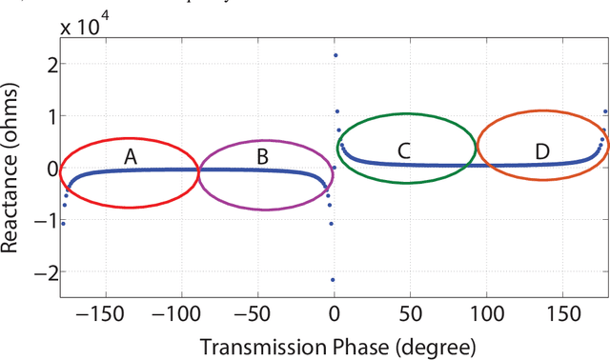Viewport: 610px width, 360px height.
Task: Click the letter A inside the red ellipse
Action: (x=131, y=157)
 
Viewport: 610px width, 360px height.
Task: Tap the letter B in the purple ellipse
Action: (x=263, y=155)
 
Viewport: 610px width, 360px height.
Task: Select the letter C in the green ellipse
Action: (x=404, y=150)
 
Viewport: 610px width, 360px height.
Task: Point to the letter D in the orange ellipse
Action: (x=541, y=151)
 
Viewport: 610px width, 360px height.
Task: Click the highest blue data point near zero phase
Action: (x=335, y=55)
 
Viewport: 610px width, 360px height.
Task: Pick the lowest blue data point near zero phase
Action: (x=333, y=280)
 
